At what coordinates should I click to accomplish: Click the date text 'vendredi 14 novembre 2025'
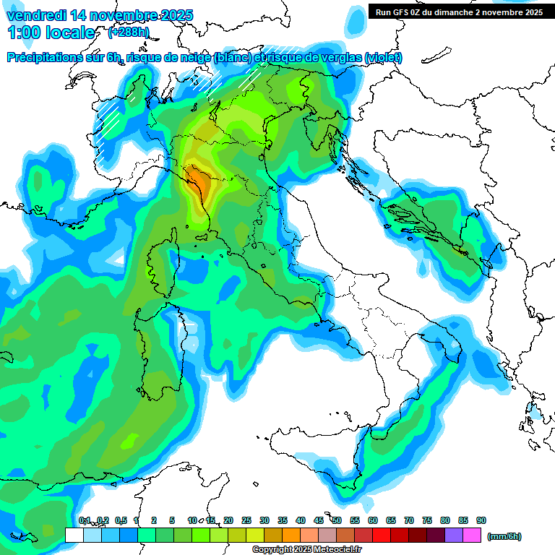pyautogui.click(x=100, y=14)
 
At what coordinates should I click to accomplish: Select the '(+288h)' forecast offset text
pyautogui.click(x=129, y=32)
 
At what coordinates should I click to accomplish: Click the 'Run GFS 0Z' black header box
pyautogui.click(x=459, y=12)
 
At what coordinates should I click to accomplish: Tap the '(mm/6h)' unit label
pyautogui.click(x=504, y=536)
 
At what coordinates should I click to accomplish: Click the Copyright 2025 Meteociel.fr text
pyautogui.click(x=306, y=549)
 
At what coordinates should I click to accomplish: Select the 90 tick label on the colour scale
pyautogui.click(x=481, y=520)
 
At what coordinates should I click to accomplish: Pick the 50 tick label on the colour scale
pyautogui.click(x=337, y=520)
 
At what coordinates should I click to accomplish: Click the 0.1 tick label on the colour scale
pyautogui.click(x=84, y=520)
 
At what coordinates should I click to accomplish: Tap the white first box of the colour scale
pyautogui.click(x=74, y=535)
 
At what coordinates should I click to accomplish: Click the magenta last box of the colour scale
pyautogui.click(x=472, y=535)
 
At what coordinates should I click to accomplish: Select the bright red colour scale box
pyautogui.click(x=382, y=535)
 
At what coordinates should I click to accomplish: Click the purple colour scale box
pyautogui.click(x=454, y=535)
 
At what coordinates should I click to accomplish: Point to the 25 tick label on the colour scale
pyautogui.click(x=246, y=520)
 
